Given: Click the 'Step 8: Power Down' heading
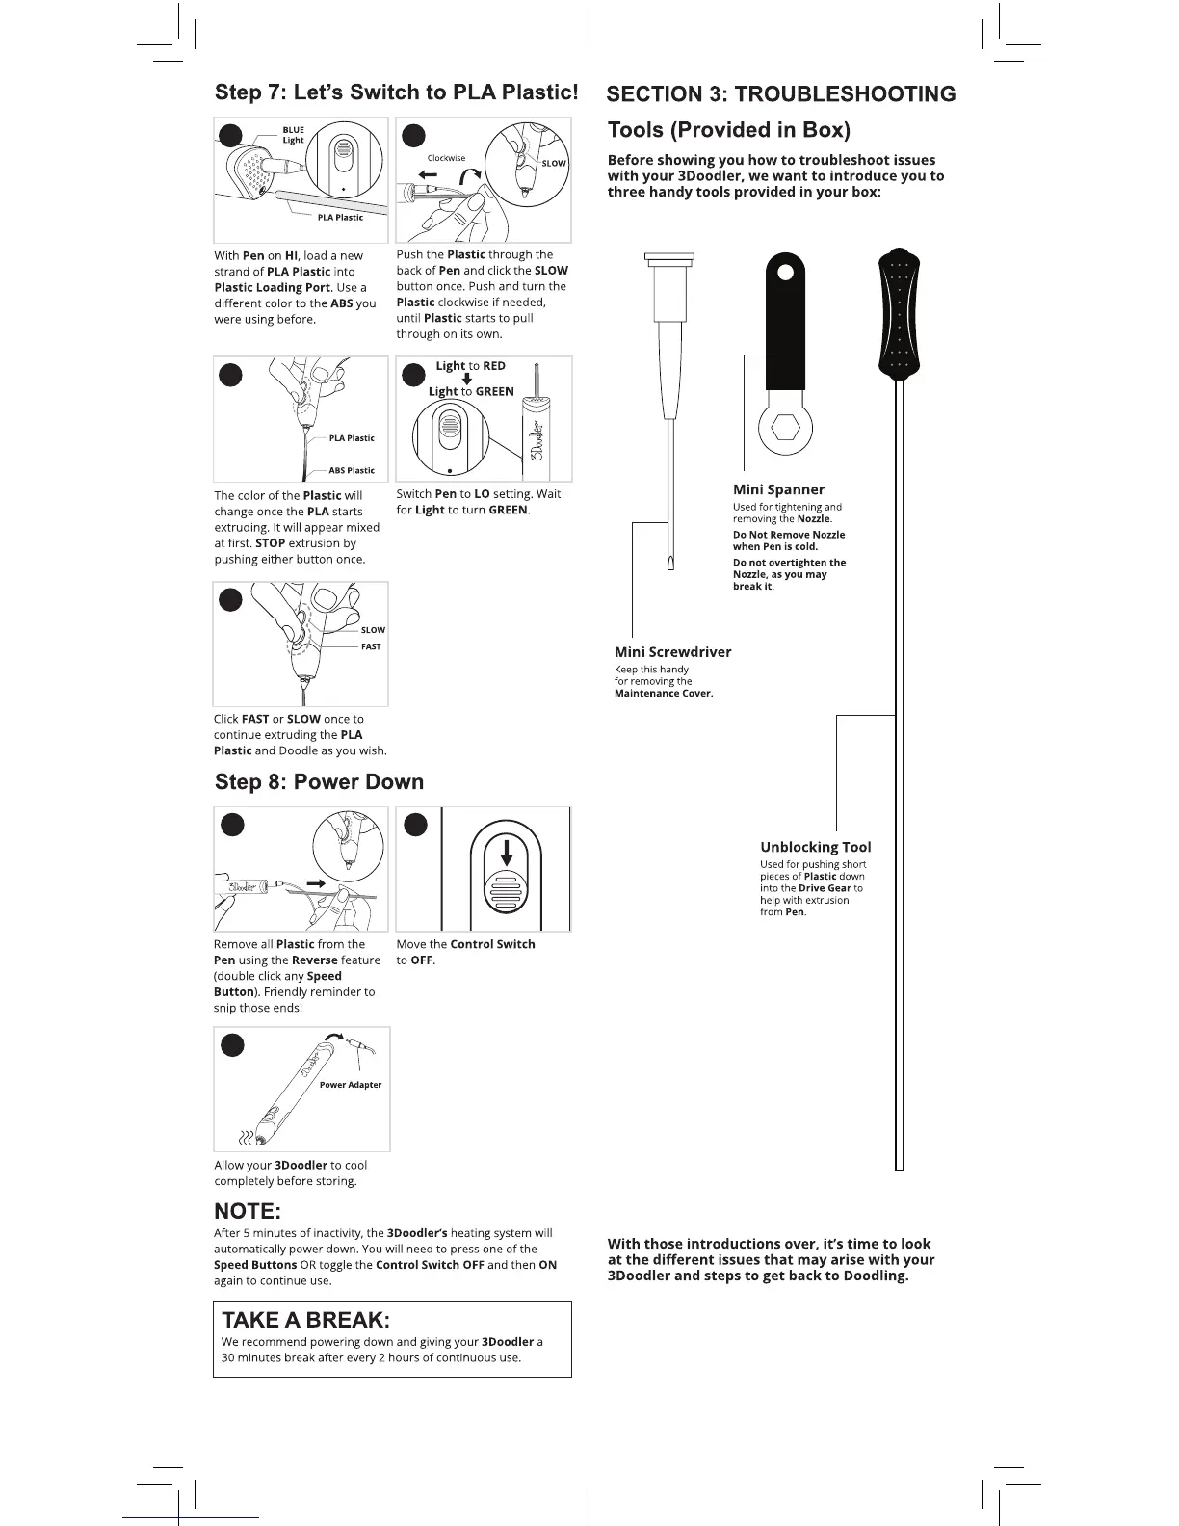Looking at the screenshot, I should pos(319,781).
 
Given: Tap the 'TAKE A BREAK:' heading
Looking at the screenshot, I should pos(305,1320).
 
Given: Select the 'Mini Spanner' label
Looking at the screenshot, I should pos(778,489).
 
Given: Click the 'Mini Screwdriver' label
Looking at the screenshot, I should pos(672,652).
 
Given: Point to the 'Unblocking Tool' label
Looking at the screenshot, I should pos(815,847).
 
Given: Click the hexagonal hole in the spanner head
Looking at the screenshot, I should pos(785,427).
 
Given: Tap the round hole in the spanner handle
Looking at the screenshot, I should pos(785,273).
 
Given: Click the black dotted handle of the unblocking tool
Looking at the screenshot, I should pos(900,314).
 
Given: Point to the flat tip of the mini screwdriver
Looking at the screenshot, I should pos(670,562).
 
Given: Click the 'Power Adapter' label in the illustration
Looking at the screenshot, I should pos(351,1085).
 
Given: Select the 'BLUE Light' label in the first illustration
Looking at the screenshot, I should pos(293,135).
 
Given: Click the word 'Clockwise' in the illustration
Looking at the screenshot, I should pos(446,158).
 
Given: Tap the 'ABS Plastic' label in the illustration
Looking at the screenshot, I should pos(352,470).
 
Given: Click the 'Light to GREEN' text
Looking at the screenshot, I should pos(471,391).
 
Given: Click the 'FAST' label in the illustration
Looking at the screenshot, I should pos(371,646).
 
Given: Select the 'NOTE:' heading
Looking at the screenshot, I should pos(248,1211).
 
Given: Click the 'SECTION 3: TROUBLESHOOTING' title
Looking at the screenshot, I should pos(780,94).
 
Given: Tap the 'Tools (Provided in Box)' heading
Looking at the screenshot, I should pos(728,130).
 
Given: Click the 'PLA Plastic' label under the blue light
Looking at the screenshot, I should pos(340,218).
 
